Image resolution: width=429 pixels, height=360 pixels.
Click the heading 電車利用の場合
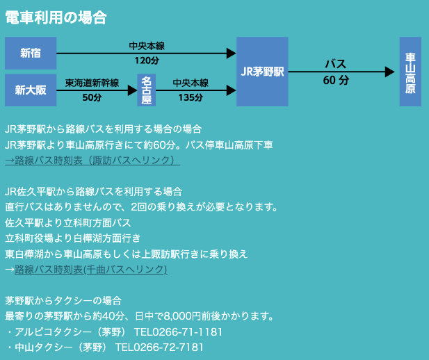coord(56,18)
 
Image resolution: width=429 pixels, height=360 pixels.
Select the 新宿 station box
coord(30,53)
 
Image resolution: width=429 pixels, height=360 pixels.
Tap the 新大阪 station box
coord(30,90)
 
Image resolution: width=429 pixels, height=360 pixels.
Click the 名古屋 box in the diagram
coord(146,90)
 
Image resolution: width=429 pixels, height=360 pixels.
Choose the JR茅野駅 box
coord(261,72)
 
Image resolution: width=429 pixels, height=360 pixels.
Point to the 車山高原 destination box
coord(410,72)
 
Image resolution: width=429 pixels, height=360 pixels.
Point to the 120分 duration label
coord(147,61)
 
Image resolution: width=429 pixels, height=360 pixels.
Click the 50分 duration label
coord(92,98)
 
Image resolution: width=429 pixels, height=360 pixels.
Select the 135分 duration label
coord(191,98)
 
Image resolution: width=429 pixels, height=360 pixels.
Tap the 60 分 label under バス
coord(336,81)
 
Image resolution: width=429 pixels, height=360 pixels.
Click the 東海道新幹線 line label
coord(92,83)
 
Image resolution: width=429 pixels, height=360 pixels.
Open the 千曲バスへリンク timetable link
coord(90,269)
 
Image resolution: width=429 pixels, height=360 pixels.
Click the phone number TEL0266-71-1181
coord(169,332)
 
